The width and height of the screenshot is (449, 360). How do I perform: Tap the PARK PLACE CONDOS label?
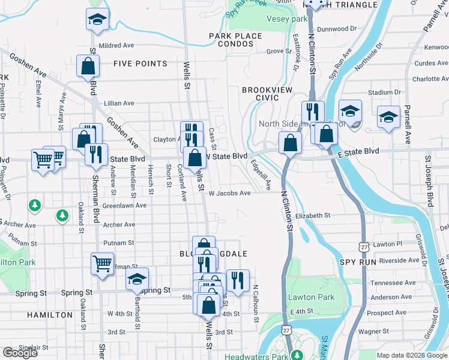[x=236, y=40]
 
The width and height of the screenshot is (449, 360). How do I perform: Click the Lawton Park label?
[x=310, y=297]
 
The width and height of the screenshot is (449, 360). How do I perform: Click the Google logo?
[x=20, y=353]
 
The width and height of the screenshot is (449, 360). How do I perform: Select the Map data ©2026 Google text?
[x=411, y=355]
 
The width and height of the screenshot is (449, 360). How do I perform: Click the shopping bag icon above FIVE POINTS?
[x=88, y=67]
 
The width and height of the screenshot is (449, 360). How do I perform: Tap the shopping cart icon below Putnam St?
[x=102, y=263]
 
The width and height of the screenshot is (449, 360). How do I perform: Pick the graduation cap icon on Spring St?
[x=137, y=279]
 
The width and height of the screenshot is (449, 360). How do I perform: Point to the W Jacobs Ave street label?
[x=229, y=193]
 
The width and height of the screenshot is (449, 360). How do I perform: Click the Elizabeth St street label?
[x=313, y=215]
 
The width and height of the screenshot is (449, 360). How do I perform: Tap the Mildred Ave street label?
[x=117, y=45]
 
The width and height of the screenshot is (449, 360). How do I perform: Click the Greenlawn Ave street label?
[x=124, y=205]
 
